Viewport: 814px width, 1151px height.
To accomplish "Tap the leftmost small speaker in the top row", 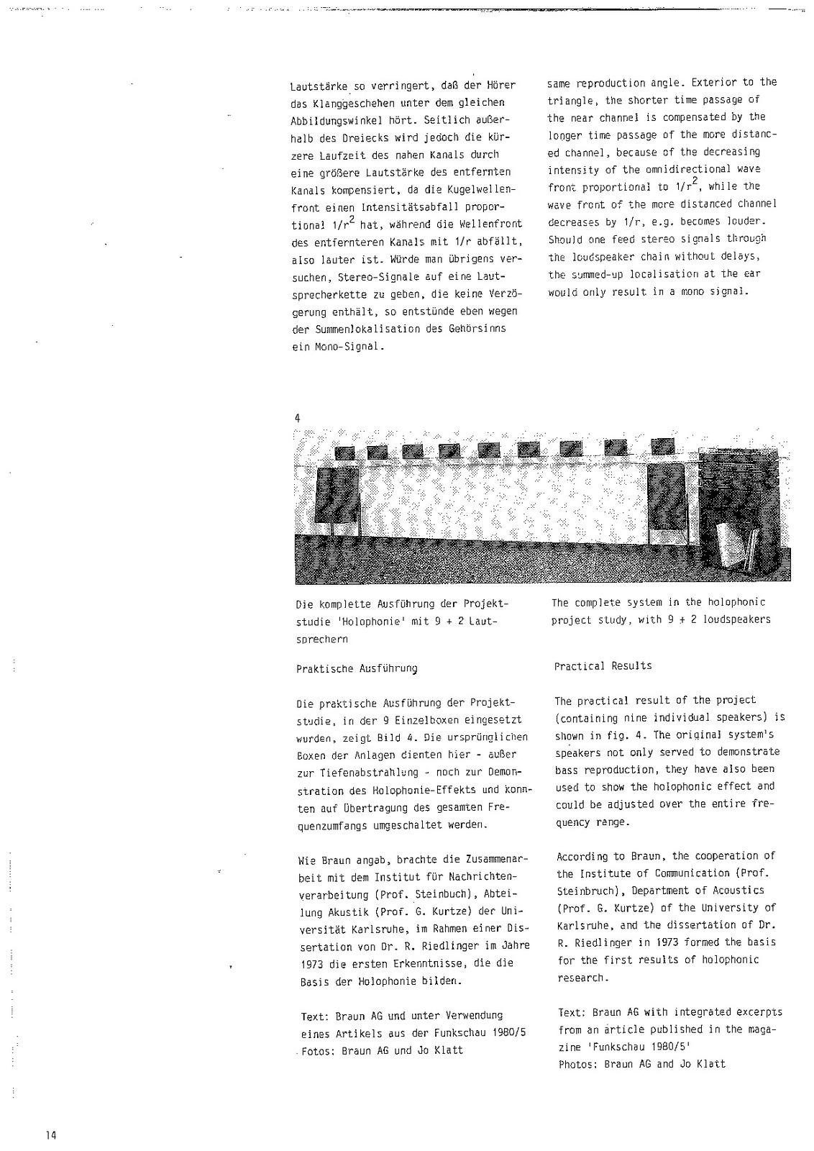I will coord(344,452).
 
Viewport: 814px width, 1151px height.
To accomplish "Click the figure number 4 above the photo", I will coord(298,418).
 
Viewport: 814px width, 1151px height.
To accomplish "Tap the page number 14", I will coord(50,1135).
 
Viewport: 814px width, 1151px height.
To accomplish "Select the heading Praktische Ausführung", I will coord(357,668).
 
